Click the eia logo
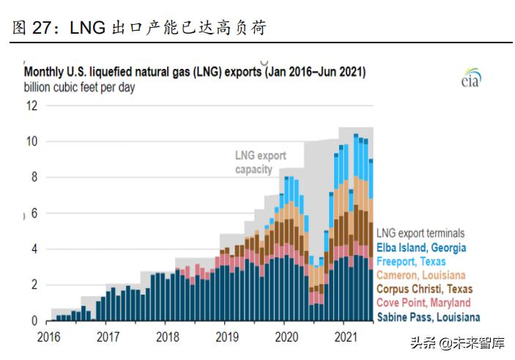[471, 79]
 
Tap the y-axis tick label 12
[31, 106]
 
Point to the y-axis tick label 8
[33, 177]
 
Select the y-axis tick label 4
[33, 249]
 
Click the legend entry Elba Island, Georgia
[421, 248]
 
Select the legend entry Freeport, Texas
[411, 262]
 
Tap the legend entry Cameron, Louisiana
[420, 276]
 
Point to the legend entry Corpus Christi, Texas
[424, 290]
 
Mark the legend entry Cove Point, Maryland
[423, 303]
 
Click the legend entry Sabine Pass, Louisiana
[428, 317]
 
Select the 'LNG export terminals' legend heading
[422, 234]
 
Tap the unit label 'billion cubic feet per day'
[79, 88]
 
